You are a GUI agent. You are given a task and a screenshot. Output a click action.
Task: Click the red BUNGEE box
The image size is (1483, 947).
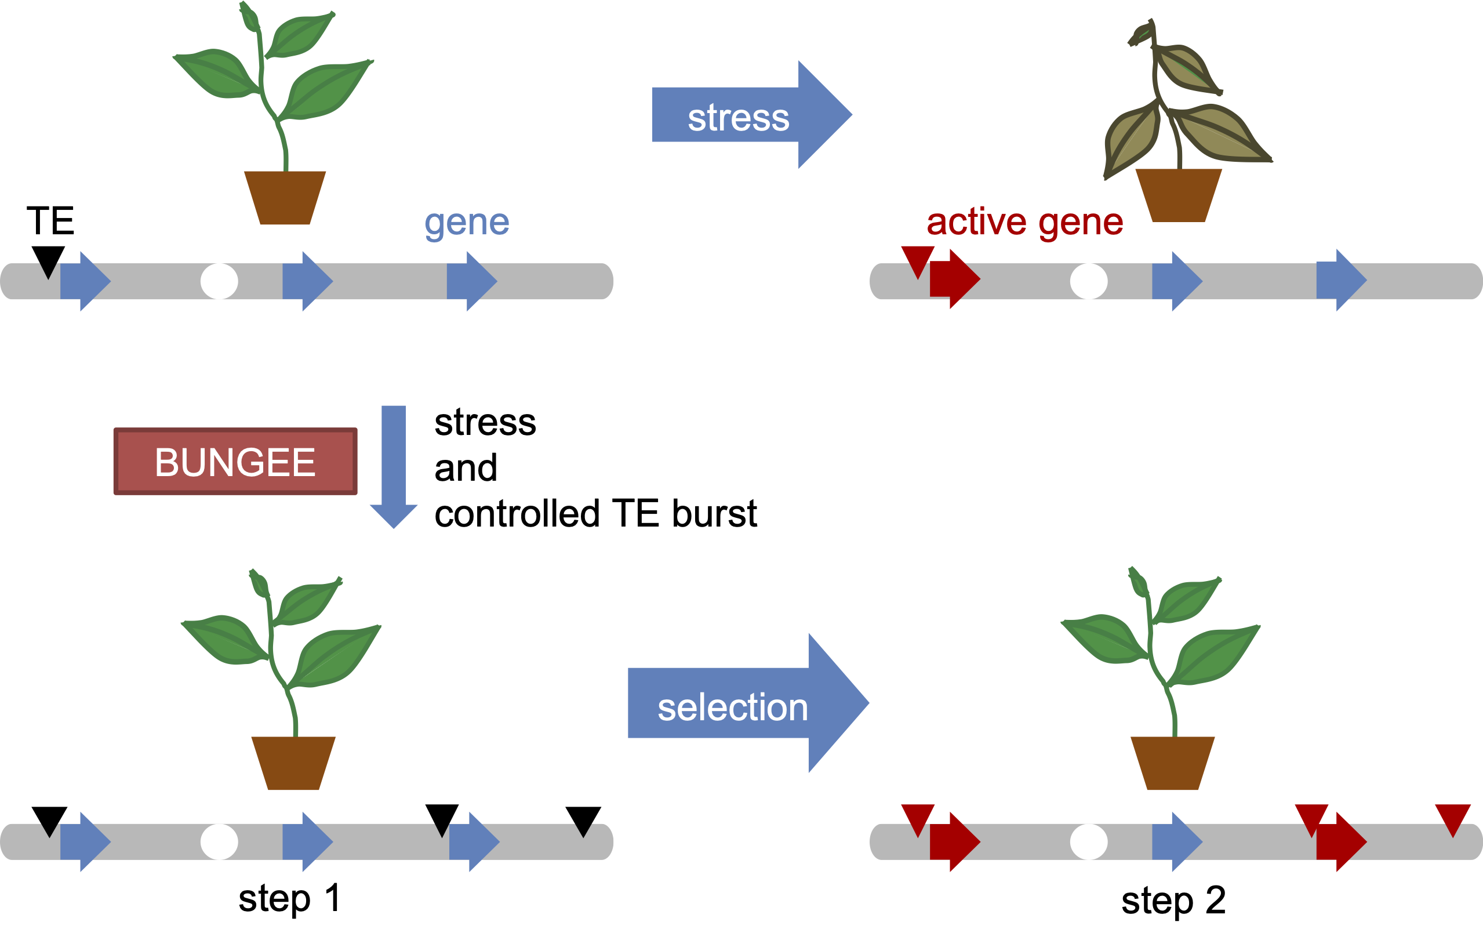coord(235,462)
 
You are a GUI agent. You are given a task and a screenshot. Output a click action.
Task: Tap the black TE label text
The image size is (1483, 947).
coord(50,220)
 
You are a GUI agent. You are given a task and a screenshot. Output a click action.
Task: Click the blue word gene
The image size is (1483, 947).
coord(467,223)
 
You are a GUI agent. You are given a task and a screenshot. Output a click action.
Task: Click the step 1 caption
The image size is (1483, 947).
coord(289,898)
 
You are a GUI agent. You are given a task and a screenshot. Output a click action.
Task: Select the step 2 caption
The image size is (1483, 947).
coord(1173,900)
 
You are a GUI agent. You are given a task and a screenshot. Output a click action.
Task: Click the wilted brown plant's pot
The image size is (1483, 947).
coord(1178,194)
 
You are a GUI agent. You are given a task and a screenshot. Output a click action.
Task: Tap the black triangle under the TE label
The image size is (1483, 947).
coord(48,259)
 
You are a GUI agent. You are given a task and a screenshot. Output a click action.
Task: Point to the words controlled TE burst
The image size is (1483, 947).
coord(595,513)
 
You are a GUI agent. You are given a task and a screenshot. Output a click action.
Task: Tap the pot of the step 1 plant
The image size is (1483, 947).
coord(294,762)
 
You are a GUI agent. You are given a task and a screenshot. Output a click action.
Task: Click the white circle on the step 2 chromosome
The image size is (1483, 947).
coord(1089,841)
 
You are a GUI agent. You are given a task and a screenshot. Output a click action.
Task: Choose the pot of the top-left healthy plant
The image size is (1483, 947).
coord(285,197)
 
